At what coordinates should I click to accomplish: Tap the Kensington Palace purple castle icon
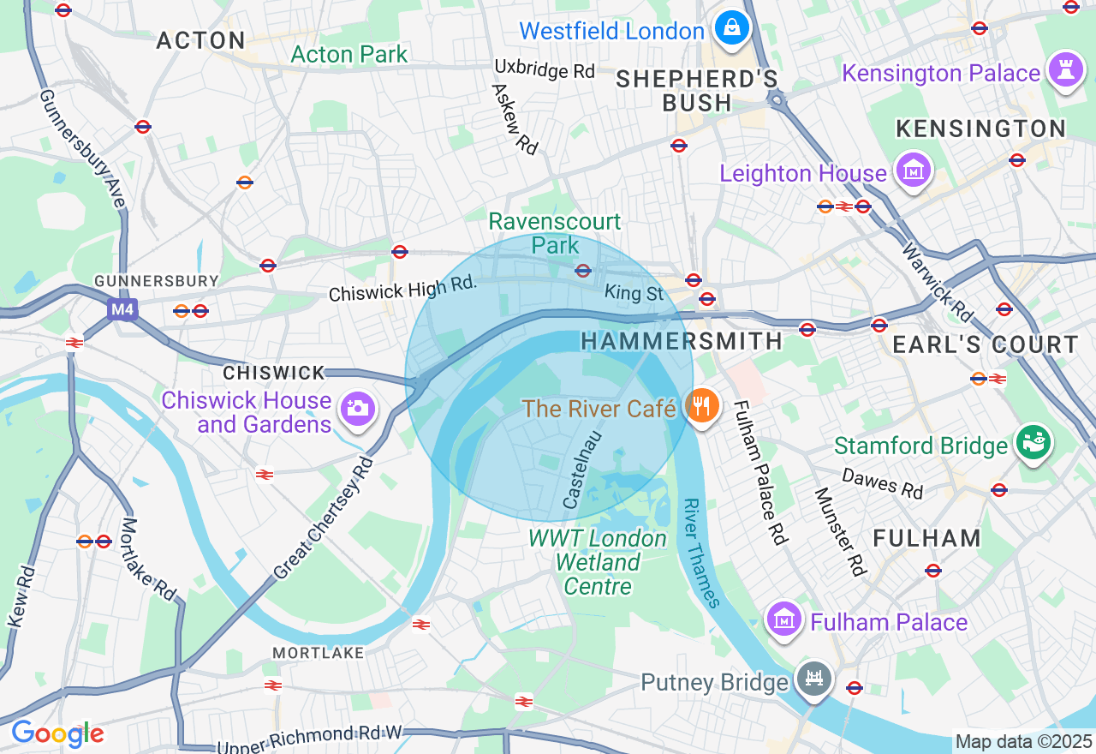coord(1065,73)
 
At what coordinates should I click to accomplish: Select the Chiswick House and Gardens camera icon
coord(357,409)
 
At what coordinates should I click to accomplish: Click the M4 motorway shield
coord(122,309)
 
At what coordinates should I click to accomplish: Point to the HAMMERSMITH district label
coord(682,341)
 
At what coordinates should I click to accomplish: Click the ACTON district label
coord(201,40)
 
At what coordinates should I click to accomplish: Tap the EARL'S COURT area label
coord(986,345)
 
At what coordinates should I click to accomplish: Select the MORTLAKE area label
coord(318,653)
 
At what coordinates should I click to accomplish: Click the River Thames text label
coord(701,553)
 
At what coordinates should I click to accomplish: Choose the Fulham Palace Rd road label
coord(759,472)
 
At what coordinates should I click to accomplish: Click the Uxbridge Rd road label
coord(545,69)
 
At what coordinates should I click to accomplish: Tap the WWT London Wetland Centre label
coord(597,562)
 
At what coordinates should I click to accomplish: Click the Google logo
coord(57,733)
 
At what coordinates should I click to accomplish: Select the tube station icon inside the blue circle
coord(583,271)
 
